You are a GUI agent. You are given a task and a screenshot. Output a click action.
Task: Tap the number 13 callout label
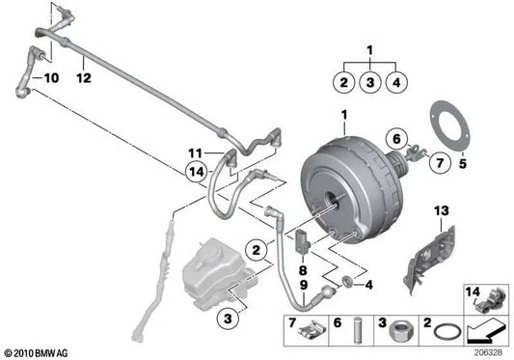pos(441,209)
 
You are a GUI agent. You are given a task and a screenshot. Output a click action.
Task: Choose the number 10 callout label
pos(49,74)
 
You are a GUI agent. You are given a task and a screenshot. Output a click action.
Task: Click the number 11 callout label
pos(195,152)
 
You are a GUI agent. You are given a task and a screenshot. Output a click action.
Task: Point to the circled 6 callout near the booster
pos(397,137)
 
